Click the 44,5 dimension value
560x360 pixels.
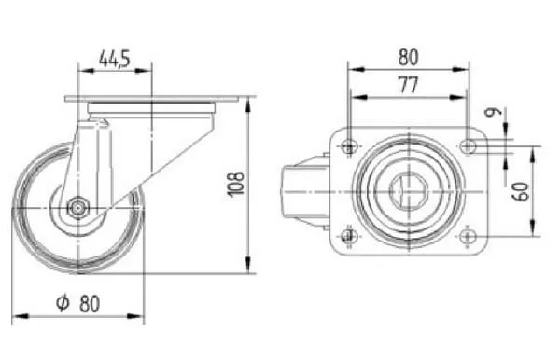point(115,59)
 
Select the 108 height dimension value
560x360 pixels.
point(236,184)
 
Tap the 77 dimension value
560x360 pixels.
point(408,85)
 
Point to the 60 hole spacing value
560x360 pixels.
point(522,191)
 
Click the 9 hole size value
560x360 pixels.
point(493,113)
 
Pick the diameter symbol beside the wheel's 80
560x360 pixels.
point(63,303)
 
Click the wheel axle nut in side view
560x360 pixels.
point(77,207)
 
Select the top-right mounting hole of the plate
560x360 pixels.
point(468,145)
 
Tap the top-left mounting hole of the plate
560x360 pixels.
point(349,145)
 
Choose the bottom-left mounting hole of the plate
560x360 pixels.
point(349,236)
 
